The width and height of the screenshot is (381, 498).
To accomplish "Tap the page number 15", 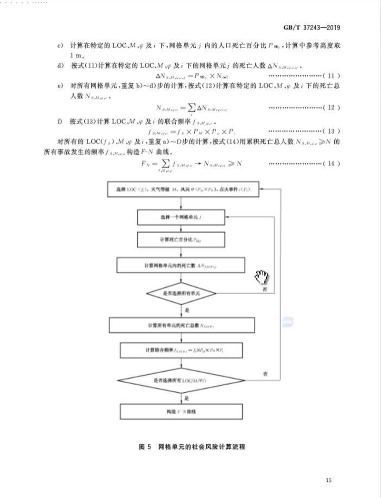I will (x=328, y=479).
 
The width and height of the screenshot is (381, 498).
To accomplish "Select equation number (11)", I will (x=331, y=76).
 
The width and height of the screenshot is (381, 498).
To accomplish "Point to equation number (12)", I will (x=331, y=108).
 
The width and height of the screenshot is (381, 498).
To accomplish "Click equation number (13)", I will (x=331, y=131).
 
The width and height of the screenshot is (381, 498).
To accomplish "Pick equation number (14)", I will (x=331, y=164).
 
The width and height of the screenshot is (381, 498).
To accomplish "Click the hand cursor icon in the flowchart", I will (x=262, y=276).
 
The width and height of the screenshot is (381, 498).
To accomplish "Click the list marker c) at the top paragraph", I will (x=60, y=46).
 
